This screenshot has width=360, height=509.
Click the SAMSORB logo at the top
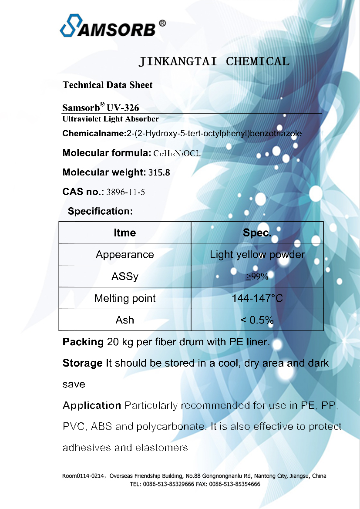(112, 27)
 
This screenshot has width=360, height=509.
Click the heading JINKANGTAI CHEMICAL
(214, 61)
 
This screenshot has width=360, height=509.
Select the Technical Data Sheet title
(108, 85)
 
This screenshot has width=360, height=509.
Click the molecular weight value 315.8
(159, 172)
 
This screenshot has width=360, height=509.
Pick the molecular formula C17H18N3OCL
(177, 153)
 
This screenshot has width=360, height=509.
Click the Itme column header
(125, 233)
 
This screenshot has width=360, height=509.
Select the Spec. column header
(257, 233)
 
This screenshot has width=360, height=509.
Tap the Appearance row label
(125, 255)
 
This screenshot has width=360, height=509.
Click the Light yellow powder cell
(257, 255)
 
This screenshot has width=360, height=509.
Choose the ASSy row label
(125, 276)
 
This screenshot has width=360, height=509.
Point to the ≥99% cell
(257, 276)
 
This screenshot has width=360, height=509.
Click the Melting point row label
(125, 298)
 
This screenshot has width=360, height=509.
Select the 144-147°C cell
(257, 298)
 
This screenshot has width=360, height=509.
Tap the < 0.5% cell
(257, 320)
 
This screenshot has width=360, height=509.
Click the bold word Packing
(83, 342)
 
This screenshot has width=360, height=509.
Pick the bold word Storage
(83, 363)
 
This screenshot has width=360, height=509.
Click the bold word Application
(92, 406)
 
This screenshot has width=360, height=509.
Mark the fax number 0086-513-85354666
(235, 484)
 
